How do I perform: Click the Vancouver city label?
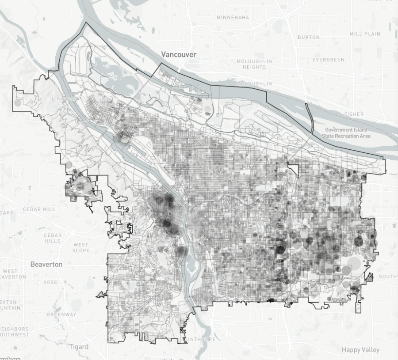click(179, 54)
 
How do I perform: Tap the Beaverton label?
click(46, 264)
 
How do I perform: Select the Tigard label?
click(79, 347)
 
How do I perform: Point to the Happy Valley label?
click(361, 350)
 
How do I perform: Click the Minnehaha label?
click(233, 18)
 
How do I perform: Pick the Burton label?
click(309, 38)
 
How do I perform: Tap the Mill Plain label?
click(365, 34)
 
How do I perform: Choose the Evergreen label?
click(328, 60)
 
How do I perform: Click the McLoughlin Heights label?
click(254, 64)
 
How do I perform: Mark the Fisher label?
click(354, 114)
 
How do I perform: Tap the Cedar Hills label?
click(53, 238)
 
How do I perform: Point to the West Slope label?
click(81, 247)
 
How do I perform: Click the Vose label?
click(50, 282)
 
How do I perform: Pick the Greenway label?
click(61, 315)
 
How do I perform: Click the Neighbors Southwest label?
click(14, 332)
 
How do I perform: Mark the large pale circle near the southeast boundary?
click(355, 265)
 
